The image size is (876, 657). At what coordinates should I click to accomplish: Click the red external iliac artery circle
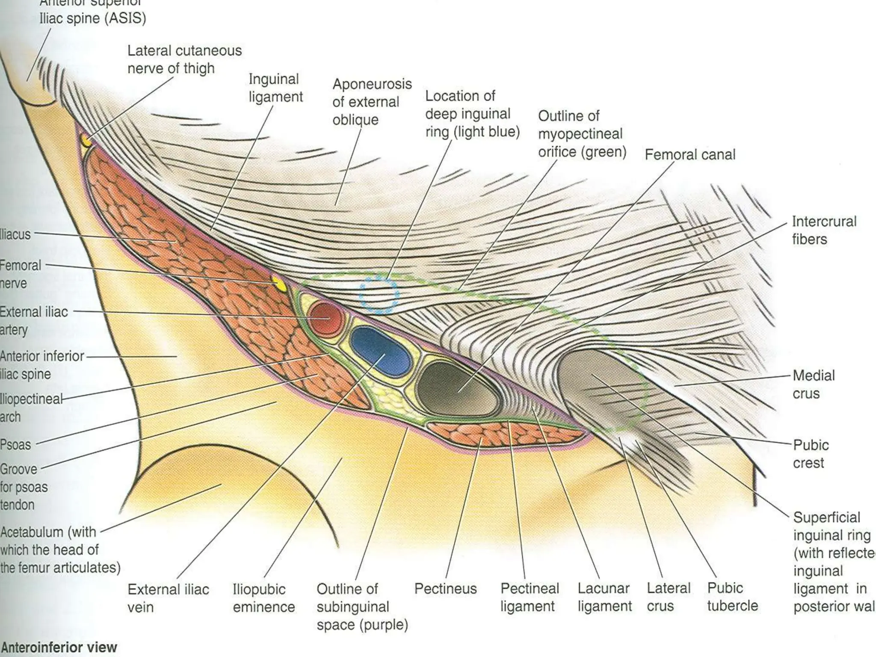pyautogui.click(x=326, y=319)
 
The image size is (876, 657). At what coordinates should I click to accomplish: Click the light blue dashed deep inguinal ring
pyautogui.click(x=379, y=295)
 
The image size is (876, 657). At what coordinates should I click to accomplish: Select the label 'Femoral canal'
pyautogui.click(x=690, y=154)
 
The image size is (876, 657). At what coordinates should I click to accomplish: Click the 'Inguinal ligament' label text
pyautogui.click(x=275, y=88)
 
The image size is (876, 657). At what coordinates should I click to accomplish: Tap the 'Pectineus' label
pyautogui.click(x=445, y=589)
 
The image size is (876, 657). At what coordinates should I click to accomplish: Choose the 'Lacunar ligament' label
pyautogui.click(x=604, y=597)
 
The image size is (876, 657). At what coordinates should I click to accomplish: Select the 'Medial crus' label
pyautogui.click(x=813, y=384)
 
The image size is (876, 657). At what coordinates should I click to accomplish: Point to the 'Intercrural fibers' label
pyautogui.click(x=823, y=230)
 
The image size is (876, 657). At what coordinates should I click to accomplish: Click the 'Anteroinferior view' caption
pyautogui.click(x=59, y=647)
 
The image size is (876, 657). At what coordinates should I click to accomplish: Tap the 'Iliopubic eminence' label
pyautogui.click(x=263, y=598)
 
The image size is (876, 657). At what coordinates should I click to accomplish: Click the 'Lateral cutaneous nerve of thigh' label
pyautogui.click(x=184, y=59)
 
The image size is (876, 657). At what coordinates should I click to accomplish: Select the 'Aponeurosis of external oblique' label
pyautogui.click(x=372, y=102)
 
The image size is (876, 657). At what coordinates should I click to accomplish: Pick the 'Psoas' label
pyautogui.click(x=16, y=445)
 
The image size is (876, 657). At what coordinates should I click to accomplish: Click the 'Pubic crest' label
pyautogui.click(x=811, y=454)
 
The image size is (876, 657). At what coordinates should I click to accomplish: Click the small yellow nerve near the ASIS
pyautogui.click(x=87, y=140)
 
